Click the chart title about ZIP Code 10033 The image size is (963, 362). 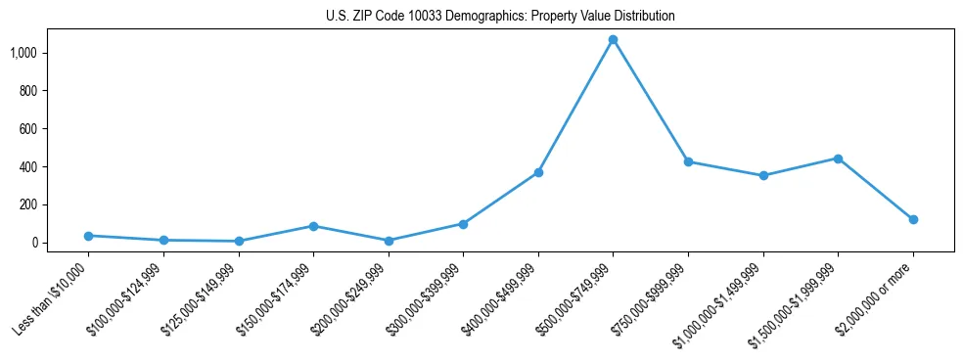[500, 17]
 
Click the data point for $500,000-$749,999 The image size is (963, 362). [613, 40]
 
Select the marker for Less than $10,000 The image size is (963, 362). [88, 236]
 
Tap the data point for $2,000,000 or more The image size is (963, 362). [913, 219]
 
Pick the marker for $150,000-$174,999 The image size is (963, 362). [313, 226]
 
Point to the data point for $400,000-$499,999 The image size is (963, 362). [538, 172]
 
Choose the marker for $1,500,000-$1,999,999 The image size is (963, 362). [838, 158]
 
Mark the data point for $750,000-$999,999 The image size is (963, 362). [688, 161]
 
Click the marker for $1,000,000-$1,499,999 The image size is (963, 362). [763, 176]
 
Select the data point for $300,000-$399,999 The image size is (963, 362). [463, 224]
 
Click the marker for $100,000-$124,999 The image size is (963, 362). [163, 241]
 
